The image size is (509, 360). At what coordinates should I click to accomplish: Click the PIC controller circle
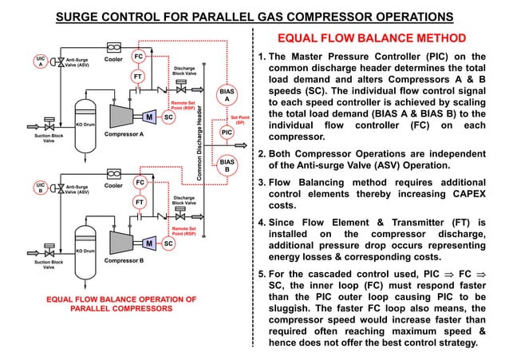pyautogui.click(x=227, y=133)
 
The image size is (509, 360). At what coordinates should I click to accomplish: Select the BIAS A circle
pyautogui.click(x=227, y=96)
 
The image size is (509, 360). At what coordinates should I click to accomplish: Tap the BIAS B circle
pyautogui.click(x=227, y=165)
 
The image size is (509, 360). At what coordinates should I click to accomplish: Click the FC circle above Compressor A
pyautogui.click(x=138, y=57)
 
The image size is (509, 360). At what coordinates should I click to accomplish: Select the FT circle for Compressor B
pyautogui.click(x=138, y=203)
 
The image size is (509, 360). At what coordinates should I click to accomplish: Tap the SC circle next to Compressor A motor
pyautogui.click(x=168, y=117)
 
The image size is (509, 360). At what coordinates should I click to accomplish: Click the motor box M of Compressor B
pyautogui.click(x=149, y=243)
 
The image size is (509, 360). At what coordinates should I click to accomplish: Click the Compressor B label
pyautogui.click(x=124, y=261)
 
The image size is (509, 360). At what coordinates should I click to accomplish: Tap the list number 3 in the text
pyautogui.click(x=261, y=182)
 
